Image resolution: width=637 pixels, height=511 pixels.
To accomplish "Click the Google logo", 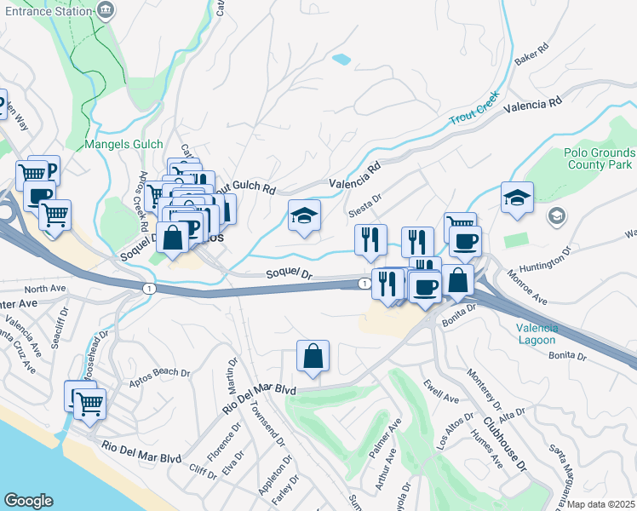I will click(29, 500).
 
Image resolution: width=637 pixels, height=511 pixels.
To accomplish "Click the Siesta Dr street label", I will click(364, 200).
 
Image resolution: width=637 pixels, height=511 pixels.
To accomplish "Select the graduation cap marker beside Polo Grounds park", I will click(517, 198).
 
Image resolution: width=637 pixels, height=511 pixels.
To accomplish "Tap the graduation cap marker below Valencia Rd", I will click(304, 215).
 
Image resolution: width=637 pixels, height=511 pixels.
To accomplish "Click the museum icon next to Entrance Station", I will click(107, 11).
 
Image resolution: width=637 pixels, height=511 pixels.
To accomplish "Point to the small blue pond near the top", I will click(341, 60).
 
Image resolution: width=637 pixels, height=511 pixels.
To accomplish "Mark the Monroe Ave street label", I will click(528, 287).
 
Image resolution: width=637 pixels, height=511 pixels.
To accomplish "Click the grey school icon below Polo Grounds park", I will click(556, 215).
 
